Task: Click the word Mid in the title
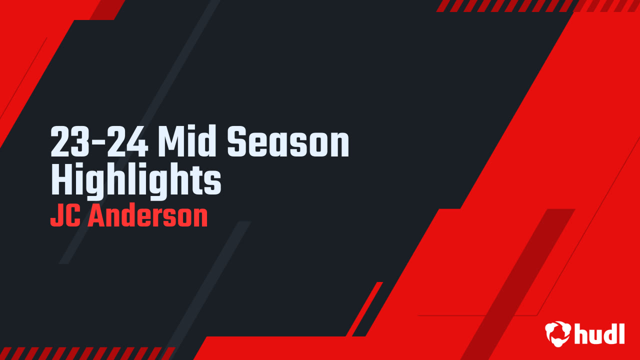[189, 143]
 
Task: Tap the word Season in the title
[288, 143]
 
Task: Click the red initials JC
[66, 216]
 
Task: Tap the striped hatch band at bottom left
[85, 353]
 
